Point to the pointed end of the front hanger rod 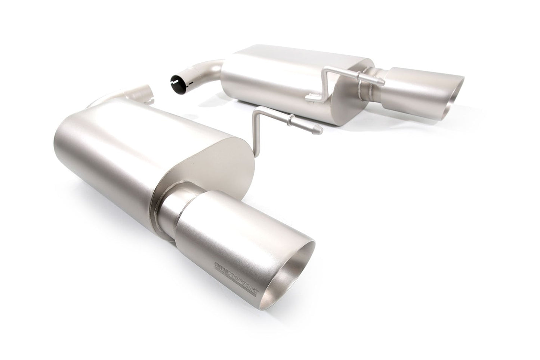319,129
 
